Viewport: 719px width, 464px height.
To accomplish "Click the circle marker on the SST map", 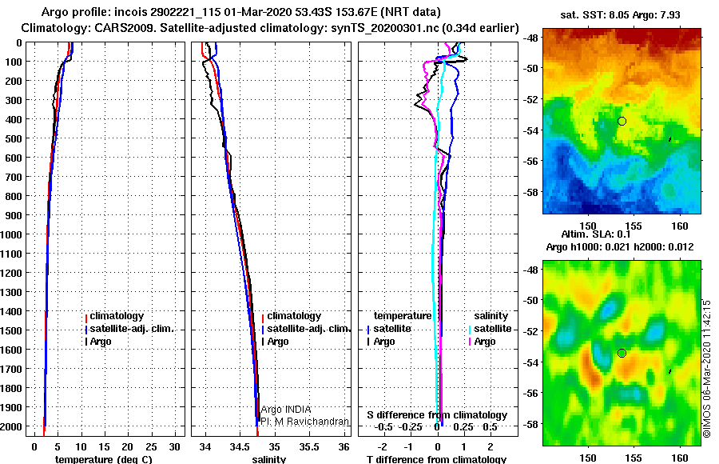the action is pyautogui.click(x=622, y=122).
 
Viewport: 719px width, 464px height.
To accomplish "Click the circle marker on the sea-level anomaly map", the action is pyautogui.click(x=622, y=354).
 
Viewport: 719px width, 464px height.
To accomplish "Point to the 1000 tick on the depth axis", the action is pyautogui.click(x=11, y=234).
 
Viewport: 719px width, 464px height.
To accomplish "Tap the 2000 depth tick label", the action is pyautogui.click(x=11, y=426).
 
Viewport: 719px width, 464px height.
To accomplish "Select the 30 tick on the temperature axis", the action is pyautogui.click(x=174, y=447).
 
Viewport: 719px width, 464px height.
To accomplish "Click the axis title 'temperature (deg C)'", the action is pyautogui.click(x=103, y=459).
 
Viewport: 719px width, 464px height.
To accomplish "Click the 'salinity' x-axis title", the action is pyautogui.click(x=269, y=459).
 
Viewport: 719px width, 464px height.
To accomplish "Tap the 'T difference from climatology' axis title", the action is pyautogui.click(x=436, y=459).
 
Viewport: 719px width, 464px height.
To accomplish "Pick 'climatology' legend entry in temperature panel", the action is pyautogui.click(x=114, y=316).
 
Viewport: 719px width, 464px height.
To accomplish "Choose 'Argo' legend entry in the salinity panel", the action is pyautogui.click(x=275, y=342).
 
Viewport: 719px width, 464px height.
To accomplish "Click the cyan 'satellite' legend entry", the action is pyautogui.click(x=490, y=329).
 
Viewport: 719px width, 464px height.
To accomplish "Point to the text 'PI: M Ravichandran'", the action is pyautogui.click(x=305, y=422).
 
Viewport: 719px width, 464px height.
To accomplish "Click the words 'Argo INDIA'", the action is pyautogui.click(x=286, y=409).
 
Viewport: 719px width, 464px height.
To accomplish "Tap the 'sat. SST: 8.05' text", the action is pyautogui.click(x=595, y=14).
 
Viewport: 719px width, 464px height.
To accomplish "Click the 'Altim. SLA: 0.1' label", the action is pyautogui.click(x=596, y=234).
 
